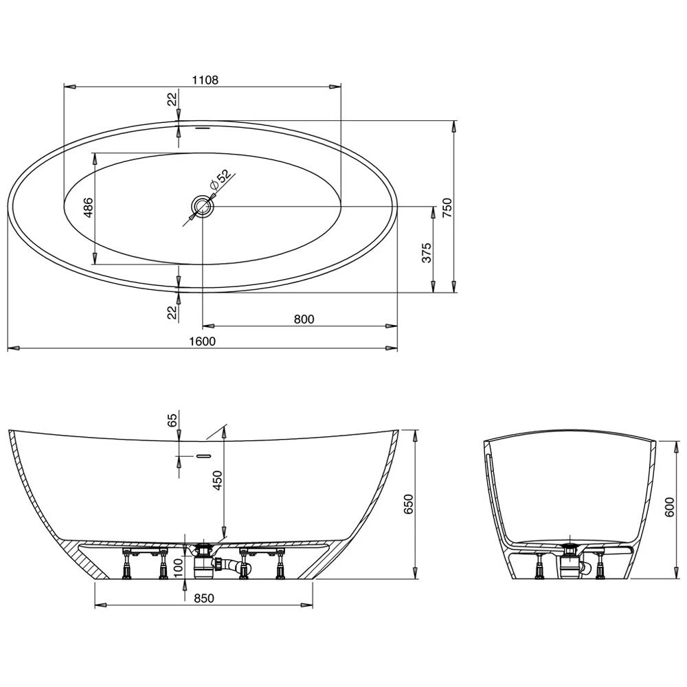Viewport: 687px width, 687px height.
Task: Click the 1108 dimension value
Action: (205, 80)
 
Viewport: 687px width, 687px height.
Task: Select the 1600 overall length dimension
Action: (203, 341)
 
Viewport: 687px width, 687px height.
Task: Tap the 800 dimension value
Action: (303, 318)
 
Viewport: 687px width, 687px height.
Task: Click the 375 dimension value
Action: (426, 252)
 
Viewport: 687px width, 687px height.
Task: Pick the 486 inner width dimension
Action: (87, 207)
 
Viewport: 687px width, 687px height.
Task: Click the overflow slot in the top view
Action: (203, 127)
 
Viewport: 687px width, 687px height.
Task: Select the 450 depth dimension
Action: (218, 482)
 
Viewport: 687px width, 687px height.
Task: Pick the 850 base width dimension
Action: (203, 598)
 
